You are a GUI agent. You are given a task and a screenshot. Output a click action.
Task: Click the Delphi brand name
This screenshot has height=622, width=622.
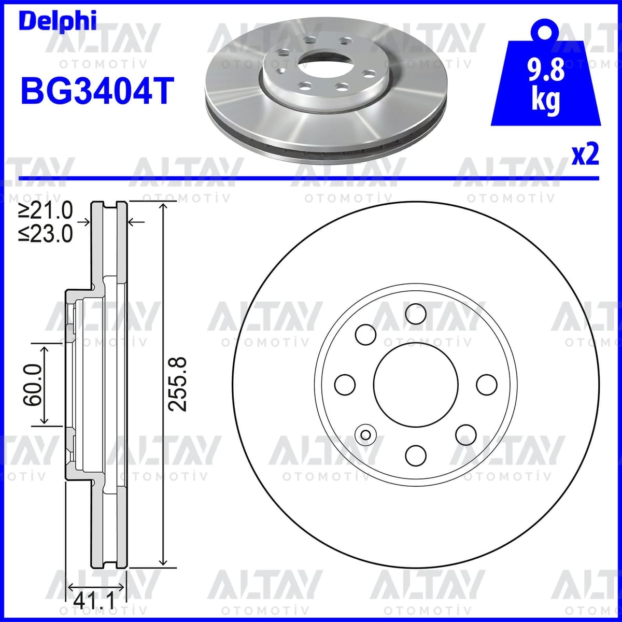(58, 21)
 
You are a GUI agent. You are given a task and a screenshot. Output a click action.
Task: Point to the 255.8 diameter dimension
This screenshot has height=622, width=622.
(178, 384)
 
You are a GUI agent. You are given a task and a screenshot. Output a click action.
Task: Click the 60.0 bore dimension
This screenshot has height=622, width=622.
(32, 385)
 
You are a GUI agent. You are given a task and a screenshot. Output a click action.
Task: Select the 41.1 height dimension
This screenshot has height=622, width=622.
(94, 601)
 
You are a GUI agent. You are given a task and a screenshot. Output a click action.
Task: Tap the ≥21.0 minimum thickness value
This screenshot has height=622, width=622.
(46, 210)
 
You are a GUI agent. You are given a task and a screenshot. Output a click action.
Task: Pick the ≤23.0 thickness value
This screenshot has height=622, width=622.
(46, 234)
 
